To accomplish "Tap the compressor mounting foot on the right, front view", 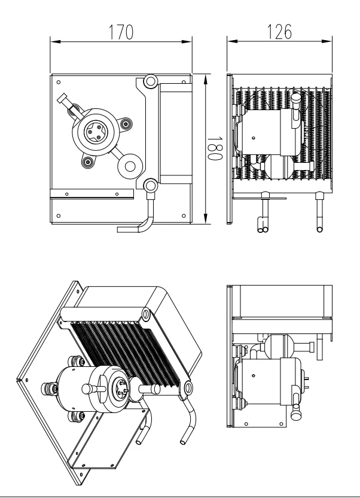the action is tap(125, 124).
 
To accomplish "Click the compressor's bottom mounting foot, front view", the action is tap(88, 161).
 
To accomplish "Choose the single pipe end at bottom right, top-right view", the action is tap(318, 227).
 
